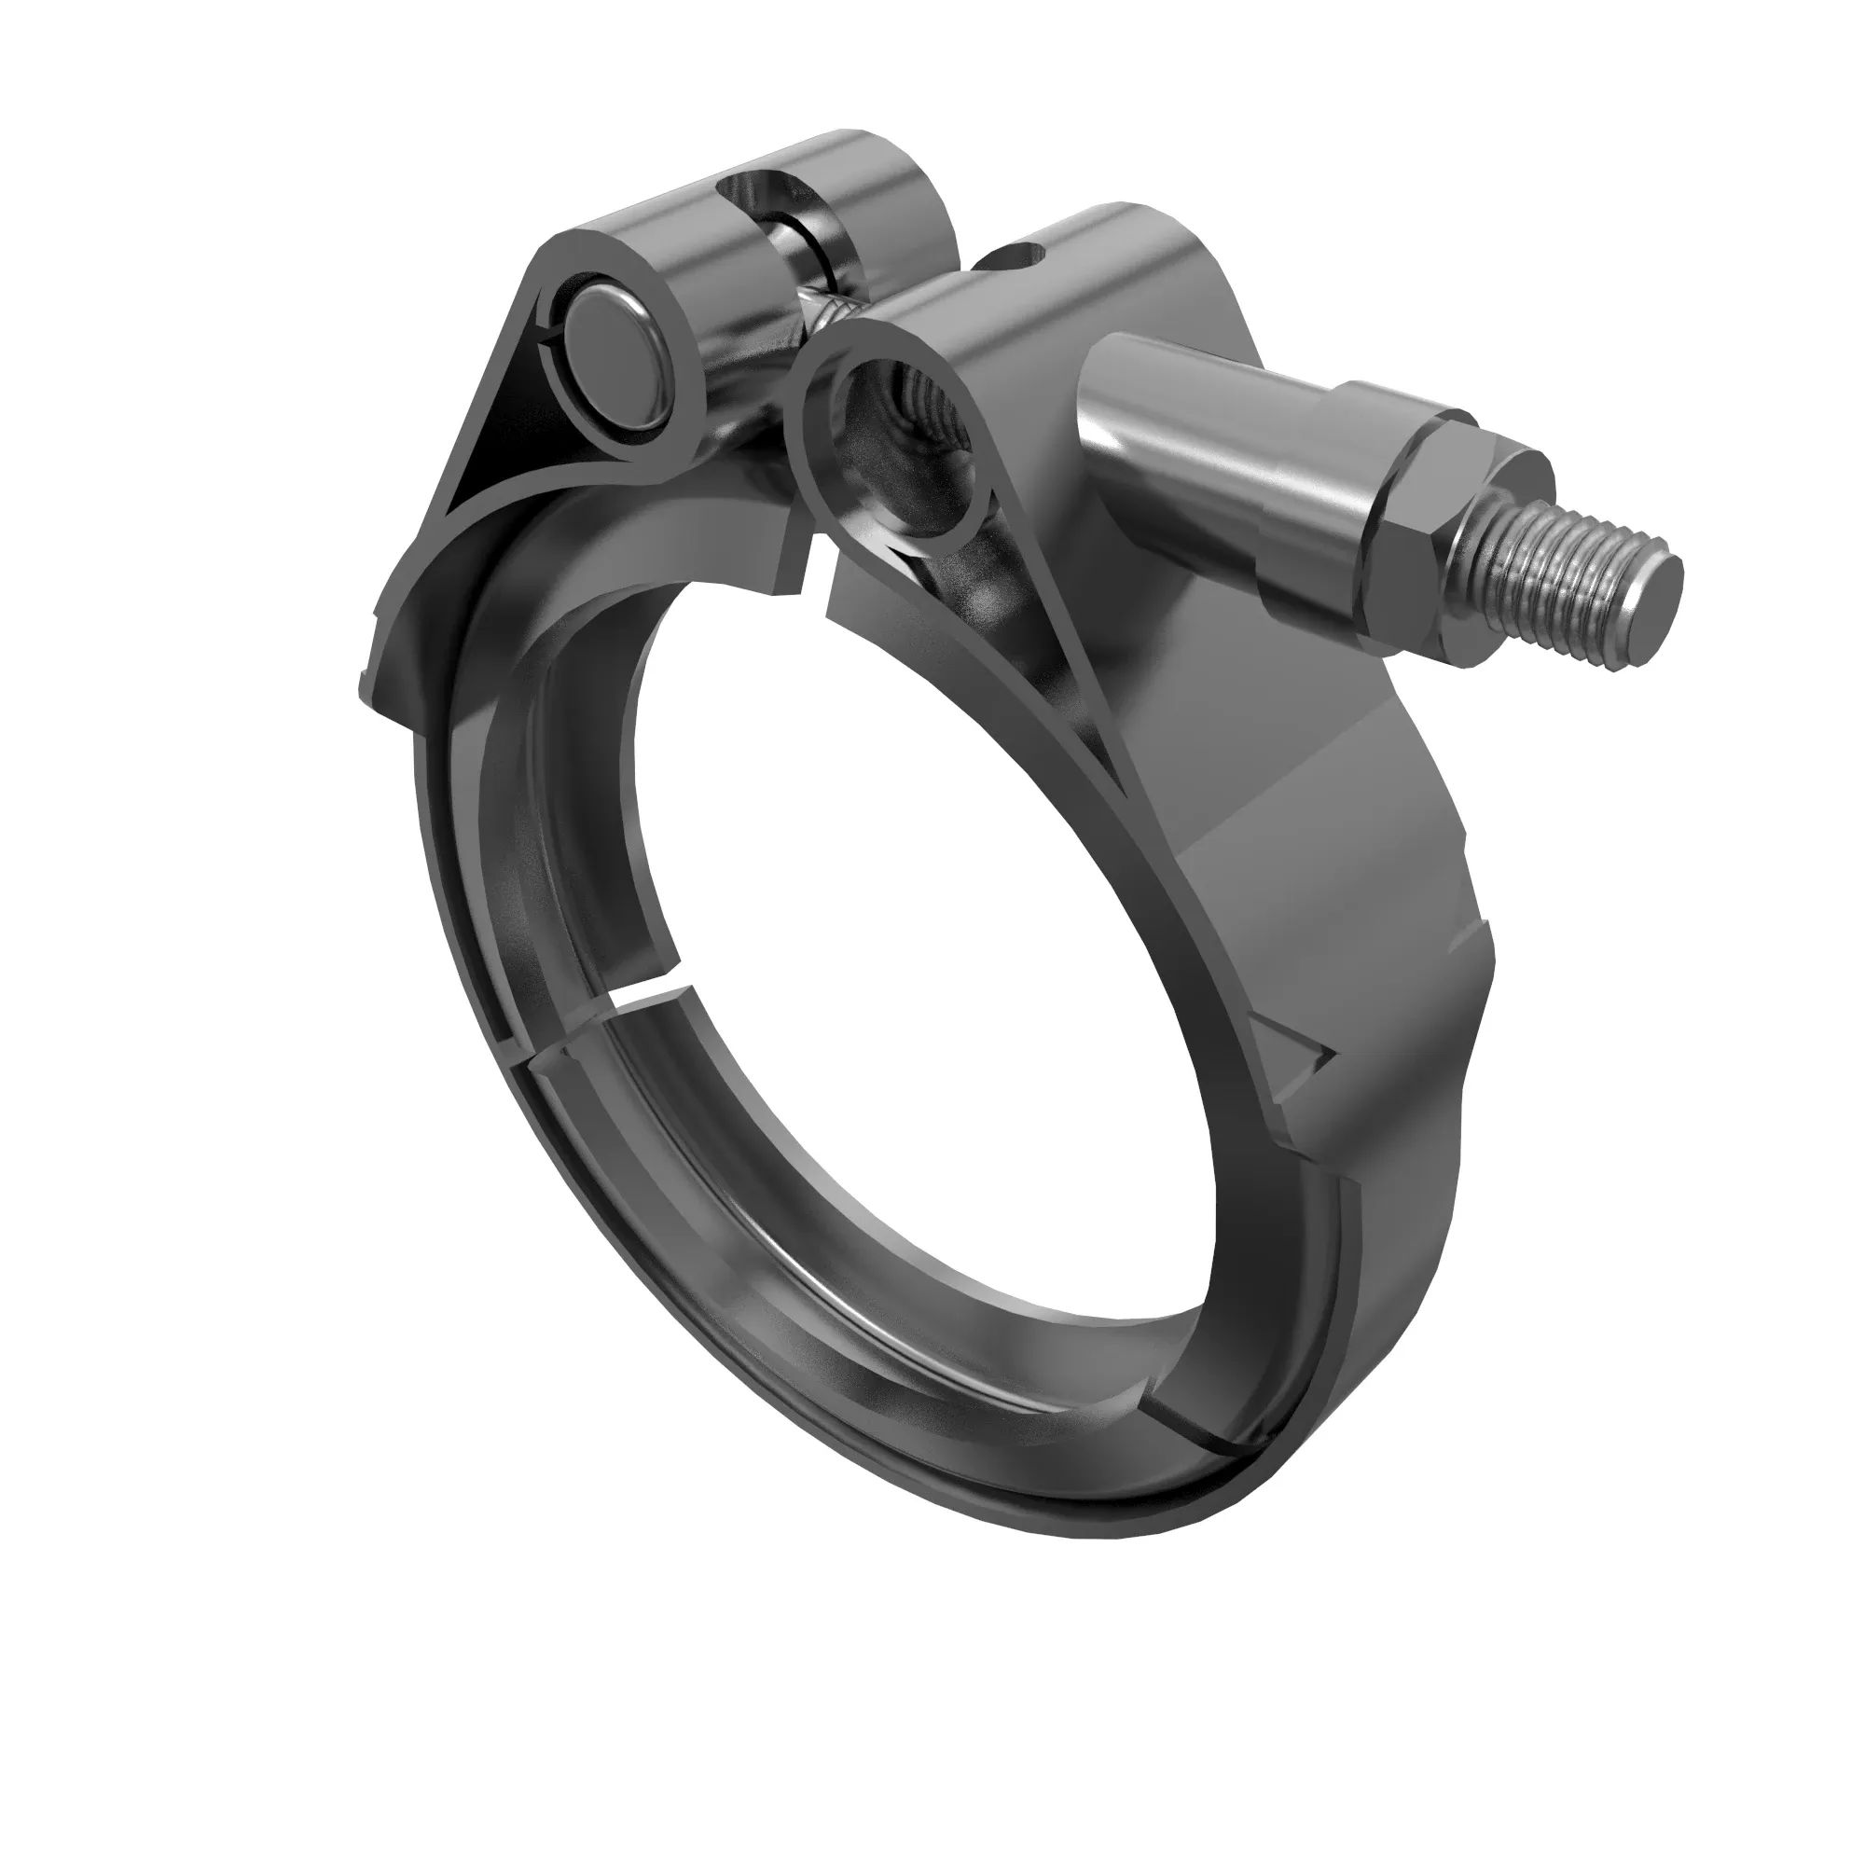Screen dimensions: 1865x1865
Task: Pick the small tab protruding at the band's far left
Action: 372,681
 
